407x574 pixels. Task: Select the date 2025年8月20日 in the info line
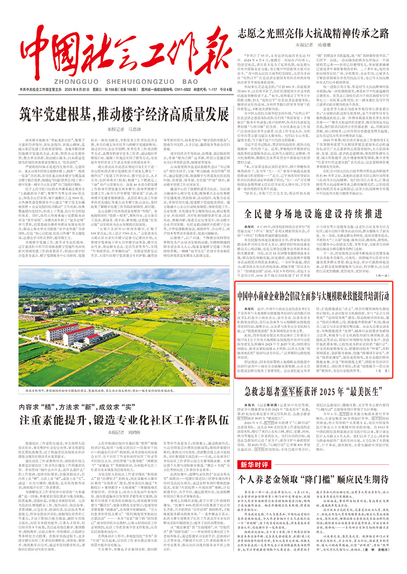click(x=76, y=90)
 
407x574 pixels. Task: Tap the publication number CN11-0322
click(x=181, y=90)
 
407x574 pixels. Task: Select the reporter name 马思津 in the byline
click(x=134, y=129)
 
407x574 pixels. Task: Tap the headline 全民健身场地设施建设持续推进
click(x=313, y=214)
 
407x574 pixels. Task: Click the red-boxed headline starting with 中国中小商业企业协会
click(x=313, y=296)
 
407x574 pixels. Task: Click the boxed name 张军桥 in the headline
click(x=291, y=392)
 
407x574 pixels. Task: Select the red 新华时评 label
click(x=254, y=464)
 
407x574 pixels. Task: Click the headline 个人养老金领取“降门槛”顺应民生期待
click(x=313, y=479)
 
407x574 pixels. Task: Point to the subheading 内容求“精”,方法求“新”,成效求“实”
click(x=77, y=407)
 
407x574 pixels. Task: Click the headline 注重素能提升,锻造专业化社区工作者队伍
click(x=124, y=420)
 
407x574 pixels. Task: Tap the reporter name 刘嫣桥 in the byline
click(x=134, y=432)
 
